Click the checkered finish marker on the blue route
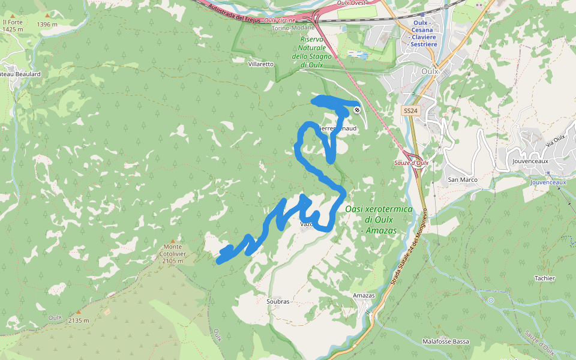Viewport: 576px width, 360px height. (357, 110)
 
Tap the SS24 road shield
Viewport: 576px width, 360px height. (410, 111)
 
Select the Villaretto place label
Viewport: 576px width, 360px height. (260, 64)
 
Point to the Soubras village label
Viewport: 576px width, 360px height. (278, 301)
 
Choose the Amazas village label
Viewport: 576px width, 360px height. (364, 296)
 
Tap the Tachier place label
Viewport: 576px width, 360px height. (544, 278)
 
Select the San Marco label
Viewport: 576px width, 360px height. (463, 179)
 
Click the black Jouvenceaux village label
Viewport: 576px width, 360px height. (531, 161)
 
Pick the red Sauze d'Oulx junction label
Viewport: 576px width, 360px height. (411, 163)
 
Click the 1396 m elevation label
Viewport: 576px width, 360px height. (47, 25)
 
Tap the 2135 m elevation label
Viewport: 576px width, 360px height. (79, 320)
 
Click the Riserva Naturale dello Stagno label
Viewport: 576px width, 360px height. (311, 52)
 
